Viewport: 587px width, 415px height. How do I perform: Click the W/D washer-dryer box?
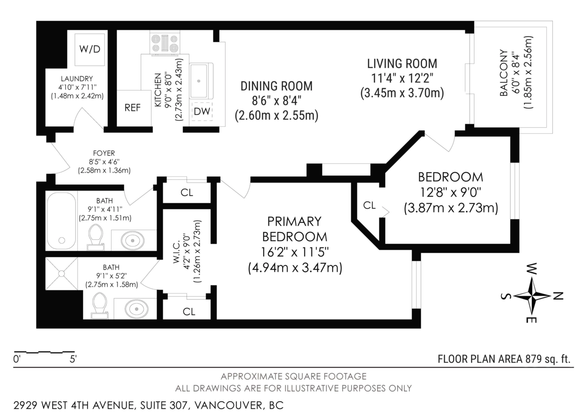(x=90, y=49)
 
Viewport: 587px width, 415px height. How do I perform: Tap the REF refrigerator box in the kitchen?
(x=134, y=108)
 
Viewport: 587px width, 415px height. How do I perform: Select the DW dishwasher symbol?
(x=202, y=112)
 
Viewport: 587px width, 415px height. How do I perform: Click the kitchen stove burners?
(x=165, y=43)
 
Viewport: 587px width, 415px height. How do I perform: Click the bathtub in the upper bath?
(x=62, y=221)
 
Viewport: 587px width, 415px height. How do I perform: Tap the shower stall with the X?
(x=61, y=274)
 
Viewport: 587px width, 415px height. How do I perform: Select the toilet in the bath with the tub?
(x=95, y=237)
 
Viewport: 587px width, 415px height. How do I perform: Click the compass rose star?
(x=532, y=296)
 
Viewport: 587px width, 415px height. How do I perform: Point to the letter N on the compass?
(x=558, y=296)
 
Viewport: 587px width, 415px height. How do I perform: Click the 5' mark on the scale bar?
(x=73, y=359)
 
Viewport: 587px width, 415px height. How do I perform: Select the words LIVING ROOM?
(x=402, y=64)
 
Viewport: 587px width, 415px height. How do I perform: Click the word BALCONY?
(x=504, y=72)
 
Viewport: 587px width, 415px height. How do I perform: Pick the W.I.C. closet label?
(x=176, y=252)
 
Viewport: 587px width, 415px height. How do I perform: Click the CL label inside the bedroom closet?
(x=369, y=205)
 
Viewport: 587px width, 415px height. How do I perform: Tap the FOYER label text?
(x=104, y=153)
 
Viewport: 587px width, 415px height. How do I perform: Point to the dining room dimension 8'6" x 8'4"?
(x=276, y=101)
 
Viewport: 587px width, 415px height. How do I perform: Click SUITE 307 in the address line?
(x=164, y=405)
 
